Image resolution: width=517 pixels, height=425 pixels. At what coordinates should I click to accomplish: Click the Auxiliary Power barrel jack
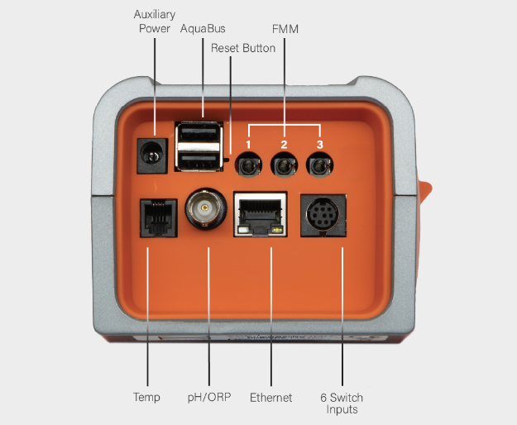pyautogui.click(x=152, y=155)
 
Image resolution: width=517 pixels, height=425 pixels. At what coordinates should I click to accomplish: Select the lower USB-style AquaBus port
pyautogui.click(x=199, y=161)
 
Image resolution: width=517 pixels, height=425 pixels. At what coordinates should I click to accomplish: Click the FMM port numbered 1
pyautogui.click(x=248, y=165)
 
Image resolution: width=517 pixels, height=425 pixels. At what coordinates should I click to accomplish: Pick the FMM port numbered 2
pyautogui.click(x=284, y=165)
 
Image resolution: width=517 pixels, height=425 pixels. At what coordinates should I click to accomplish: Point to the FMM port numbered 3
pyautogui.click(x=319, y=165)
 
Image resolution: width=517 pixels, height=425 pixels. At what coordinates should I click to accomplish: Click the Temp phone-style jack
pyautogui.click(x=159, y=217)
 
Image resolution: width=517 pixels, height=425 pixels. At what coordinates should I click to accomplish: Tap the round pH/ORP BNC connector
pyautogui.click(x=206, y=208)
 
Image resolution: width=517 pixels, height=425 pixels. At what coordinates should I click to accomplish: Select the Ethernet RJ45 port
pyautogui.click(x=260, y=214)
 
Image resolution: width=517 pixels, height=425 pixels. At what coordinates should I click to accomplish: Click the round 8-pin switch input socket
pyautogui.click(x=323, y=215)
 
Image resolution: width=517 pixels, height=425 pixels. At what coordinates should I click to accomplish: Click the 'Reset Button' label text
pyautogui.click(x=243, y=48)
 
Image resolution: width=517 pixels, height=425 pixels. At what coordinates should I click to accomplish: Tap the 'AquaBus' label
pyautogui.click(x=203, y=29)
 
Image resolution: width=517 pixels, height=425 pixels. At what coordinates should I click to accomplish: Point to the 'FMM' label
pyautogui.click(x=285, y=29)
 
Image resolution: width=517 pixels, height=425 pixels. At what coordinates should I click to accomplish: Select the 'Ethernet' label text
pyautogui.click(x=271, y=398)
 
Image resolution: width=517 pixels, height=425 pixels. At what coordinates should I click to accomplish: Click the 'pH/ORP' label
pyautogui.click(x=209, y=398)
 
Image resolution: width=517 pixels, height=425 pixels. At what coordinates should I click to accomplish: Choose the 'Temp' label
pyautogui.click(x=146, y=398)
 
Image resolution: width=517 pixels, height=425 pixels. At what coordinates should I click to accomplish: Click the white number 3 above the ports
pyautogui.click(x=320, y=145)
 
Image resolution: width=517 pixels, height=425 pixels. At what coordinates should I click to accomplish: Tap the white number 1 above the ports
pyautogui.click(x=248, y=145)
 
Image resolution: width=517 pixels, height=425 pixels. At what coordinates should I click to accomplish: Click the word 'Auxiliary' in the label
pyautogui.click(x=155, y=15)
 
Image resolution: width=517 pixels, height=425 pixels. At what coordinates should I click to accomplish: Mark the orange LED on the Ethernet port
pyautogui.click(x=277, y=230)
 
